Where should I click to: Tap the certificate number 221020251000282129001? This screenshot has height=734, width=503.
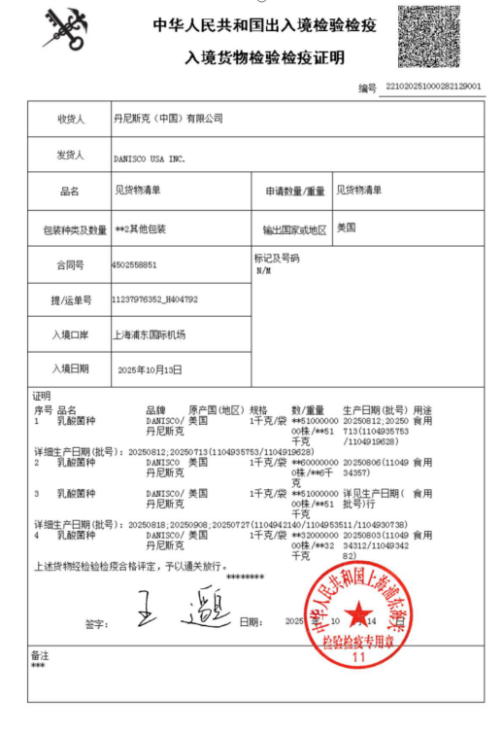tap(433, 87)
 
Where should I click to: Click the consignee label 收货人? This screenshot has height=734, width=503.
tap(71, 120)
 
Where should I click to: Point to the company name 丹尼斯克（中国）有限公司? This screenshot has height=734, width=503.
tap(168, 119)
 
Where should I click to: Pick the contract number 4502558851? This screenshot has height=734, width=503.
tap(134, 263)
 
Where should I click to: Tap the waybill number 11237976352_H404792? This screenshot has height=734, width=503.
tap(155, 299)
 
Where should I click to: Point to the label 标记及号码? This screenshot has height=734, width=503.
tap(277, 258)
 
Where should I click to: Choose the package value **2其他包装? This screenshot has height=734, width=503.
tap(140, 228)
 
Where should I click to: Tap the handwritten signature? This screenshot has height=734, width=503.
tap(180, 610)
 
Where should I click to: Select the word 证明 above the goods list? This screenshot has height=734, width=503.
tap(42, 397)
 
